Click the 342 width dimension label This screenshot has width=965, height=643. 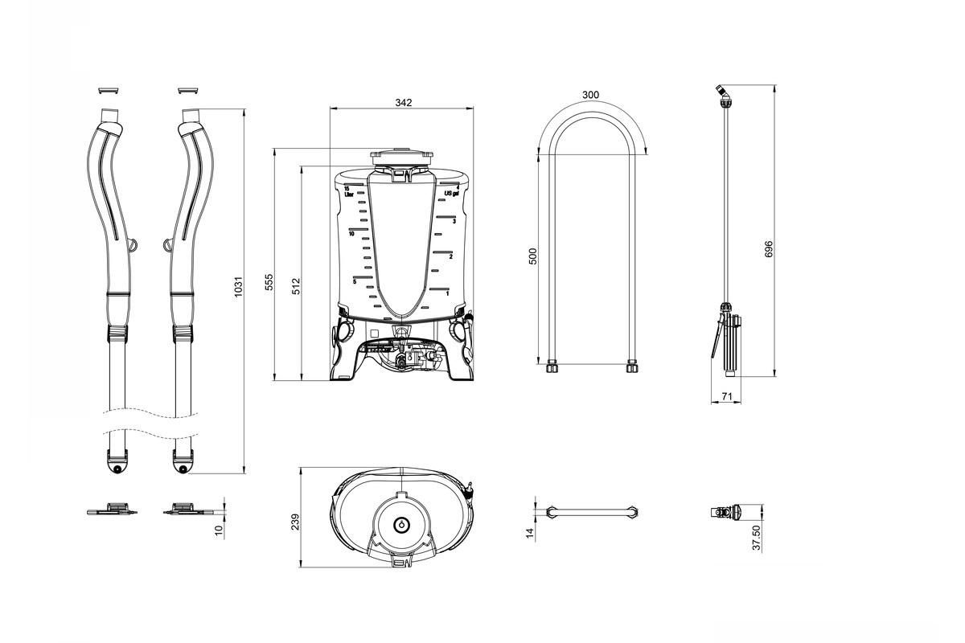pyautogui.click(x=404, y=102)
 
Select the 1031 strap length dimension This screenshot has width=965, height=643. pyautogui.click(x=238, y=289)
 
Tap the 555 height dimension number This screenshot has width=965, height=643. pyautogui.click(x=269, y=282)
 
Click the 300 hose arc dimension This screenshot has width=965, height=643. pyautogui.click(x=590, y=95)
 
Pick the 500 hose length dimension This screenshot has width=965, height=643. pyautogui.click(x=532, y=256)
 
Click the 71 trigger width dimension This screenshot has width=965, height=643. pyautogui.click(x=725, y=396)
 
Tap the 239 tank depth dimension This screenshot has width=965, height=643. pyautogui.click(x=294, y=522)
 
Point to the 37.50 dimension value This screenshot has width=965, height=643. pyautogui.click(x=756, y=538)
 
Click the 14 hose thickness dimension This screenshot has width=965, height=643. pyautogui.click(x=530, y=533)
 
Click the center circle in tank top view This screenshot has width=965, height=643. pyautogui.click(x=400, y=524)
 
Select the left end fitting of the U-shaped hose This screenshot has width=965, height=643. pyautogui.click(x=552, y=369)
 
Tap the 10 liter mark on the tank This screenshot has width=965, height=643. pyautogui.click(x=352, y=234)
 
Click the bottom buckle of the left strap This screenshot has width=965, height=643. pyautogui.click(x=117, y=464)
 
